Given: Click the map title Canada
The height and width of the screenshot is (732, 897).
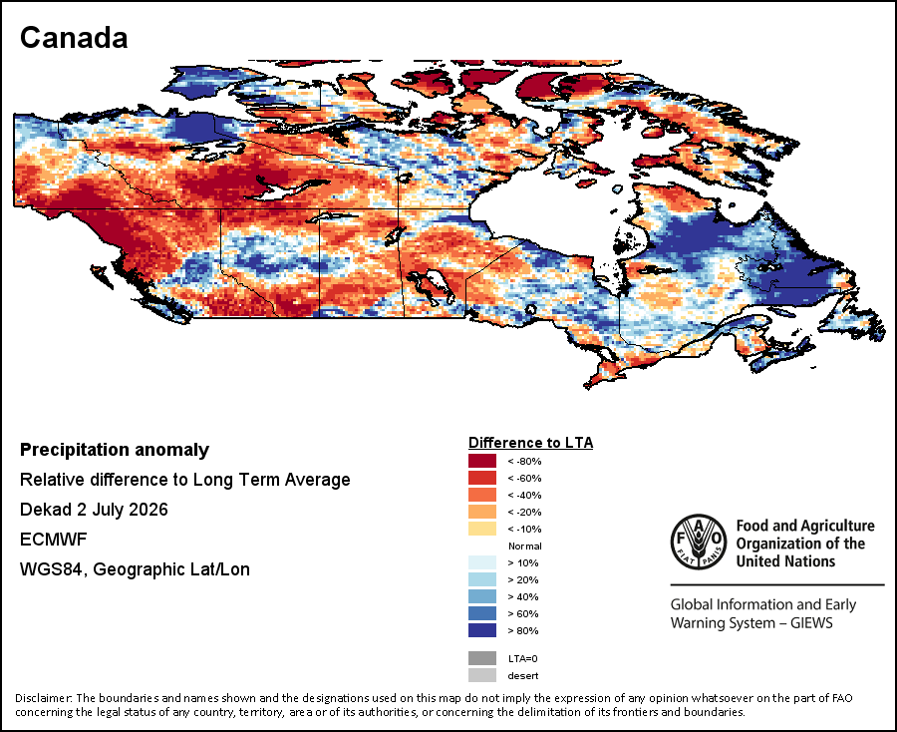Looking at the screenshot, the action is point(74,38).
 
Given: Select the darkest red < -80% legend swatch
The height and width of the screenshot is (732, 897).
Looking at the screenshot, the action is point(482,461).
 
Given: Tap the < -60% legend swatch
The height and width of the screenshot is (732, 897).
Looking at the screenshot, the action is point(482,478).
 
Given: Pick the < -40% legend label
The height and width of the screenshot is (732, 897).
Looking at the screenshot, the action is point(524,495).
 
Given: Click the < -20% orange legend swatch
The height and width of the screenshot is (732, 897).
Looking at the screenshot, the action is point(482,512).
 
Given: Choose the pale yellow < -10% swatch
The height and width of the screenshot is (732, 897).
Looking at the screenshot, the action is point(482,529).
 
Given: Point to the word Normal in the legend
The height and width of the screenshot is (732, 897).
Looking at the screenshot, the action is point(525,546).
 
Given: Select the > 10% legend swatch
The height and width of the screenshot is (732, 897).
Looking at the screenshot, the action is point(482,562).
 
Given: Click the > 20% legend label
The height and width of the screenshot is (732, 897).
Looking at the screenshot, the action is point(523,579).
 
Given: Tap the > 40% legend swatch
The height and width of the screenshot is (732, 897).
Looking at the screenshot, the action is point(482,596).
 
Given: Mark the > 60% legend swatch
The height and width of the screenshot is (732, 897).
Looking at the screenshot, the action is point(482,613).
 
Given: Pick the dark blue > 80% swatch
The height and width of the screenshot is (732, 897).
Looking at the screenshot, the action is point(482,630).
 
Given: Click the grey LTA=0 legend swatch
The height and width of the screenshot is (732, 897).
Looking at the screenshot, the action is point(482,658).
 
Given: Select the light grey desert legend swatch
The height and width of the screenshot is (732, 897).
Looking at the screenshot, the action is point(482,675).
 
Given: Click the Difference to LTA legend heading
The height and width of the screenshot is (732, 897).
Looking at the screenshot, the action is point(531,443).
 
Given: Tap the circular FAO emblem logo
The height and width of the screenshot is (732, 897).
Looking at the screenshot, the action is point(699,542).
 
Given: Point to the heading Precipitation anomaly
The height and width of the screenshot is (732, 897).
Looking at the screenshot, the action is point(115,451).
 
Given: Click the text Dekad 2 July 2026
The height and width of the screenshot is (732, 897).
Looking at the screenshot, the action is point(94,510).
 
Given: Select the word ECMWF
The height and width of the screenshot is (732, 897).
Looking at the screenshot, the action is point(53,540).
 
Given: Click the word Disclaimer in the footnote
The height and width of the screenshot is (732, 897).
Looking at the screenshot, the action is point(44,698).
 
